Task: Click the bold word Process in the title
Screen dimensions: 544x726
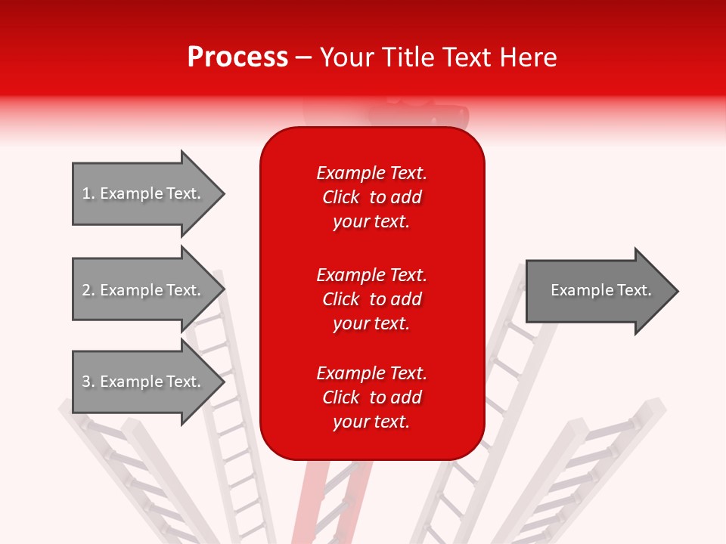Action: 237,57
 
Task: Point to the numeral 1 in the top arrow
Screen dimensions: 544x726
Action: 86,193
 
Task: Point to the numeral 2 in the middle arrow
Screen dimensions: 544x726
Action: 86,290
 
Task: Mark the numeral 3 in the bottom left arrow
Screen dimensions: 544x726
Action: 86,382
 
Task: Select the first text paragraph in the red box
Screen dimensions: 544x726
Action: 371,197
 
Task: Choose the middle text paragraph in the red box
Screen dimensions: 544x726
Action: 371,299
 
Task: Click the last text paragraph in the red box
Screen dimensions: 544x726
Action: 371,397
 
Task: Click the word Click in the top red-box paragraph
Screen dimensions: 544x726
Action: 341,197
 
